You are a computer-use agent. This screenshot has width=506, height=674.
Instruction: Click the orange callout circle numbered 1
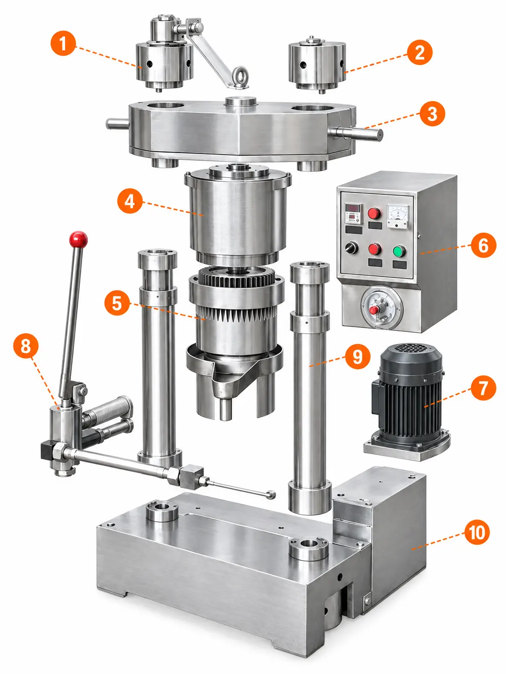[x=63, y=43]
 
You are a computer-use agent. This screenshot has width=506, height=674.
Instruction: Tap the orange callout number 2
[x=420, y=52]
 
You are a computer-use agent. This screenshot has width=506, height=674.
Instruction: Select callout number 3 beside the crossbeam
[x=432, y=114]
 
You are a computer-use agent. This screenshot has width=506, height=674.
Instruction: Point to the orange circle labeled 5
[x=117, y=303]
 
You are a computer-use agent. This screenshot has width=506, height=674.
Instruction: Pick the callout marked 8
[x=26, y=346]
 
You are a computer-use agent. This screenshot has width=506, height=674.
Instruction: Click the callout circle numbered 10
[x=477, y=532]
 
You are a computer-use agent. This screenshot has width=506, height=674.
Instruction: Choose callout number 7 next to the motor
[x=483, y=388]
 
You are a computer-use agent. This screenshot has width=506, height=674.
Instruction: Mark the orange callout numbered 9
[x=358, y=357]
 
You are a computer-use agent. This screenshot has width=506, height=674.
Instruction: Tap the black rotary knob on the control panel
[x=351, y=248]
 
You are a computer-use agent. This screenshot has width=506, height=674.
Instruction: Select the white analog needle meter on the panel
[x=398, y=217]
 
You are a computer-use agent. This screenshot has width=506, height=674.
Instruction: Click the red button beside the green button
[x=375, y=249]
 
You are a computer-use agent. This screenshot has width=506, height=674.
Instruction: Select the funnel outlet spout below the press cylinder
[x=226, y=409]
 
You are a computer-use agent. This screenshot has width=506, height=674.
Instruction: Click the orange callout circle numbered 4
[x=130, y=202]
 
